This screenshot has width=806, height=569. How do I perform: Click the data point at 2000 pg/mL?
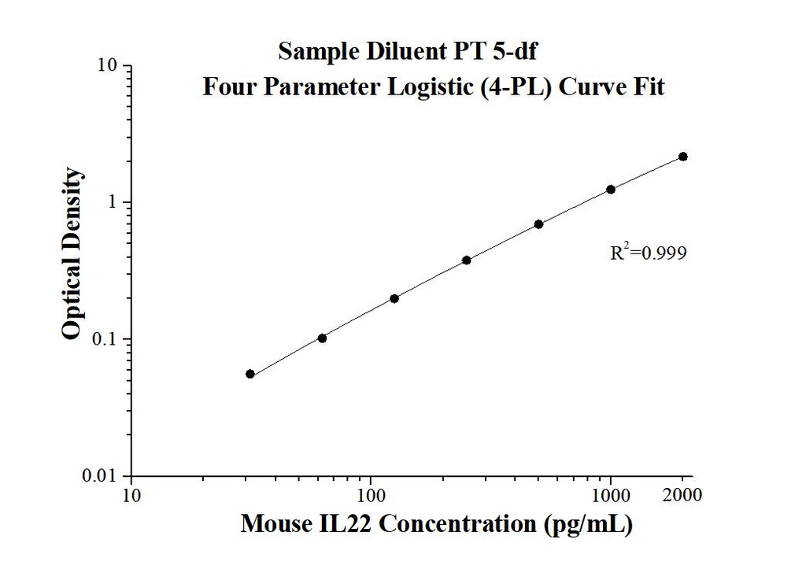tap(682, 157)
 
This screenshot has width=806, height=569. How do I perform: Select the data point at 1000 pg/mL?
tap(611, 190)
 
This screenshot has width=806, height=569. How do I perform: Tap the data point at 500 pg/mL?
tap(538, 224)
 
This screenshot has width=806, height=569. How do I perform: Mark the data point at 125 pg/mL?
tap(394, 298)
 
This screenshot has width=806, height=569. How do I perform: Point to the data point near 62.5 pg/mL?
tap(322, 338)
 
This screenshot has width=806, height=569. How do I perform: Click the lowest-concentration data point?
tap(250, 374)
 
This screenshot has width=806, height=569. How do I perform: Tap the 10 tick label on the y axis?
tap(108, 66)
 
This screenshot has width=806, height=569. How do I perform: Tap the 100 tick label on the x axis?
tap(371, 496)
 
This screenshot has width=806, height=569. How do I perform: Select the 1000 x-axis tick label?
tap(611, 496)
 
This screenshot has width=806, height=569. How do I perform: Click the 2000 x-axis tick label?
tap(683, 496)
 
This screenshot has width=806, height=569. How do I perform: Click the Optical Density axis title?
tap(71, 253)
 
